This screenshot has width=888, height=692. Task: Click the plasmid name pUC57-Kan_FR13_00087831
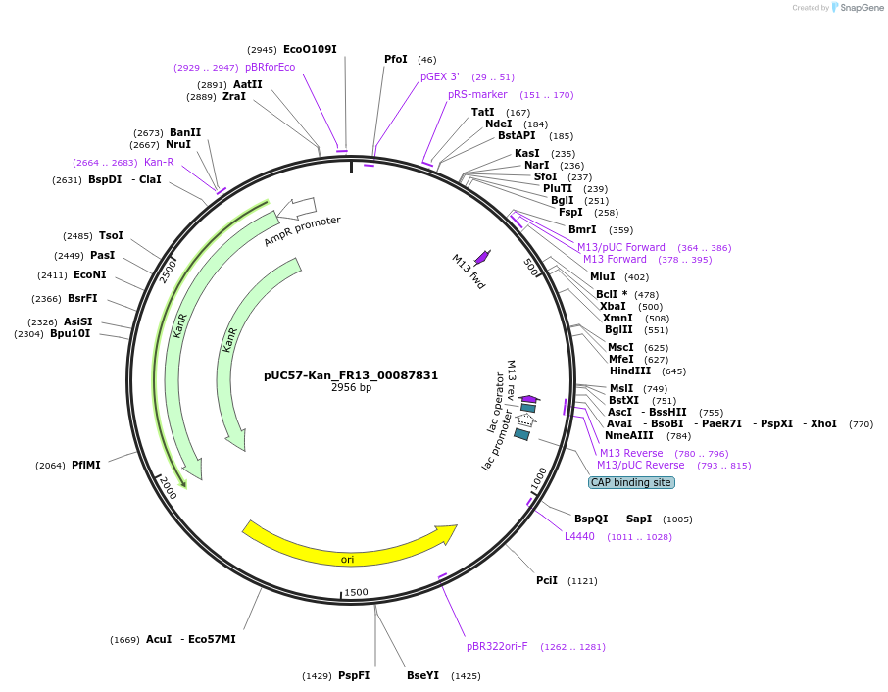(x=351, y=375)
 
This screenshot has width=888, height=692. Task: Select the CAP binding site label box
(x=630, y=482)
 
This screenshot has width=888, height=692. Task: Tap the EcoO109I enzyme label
(x=310, y=49)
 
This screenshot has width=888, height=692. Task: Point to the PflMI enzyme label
(x=86, y=465)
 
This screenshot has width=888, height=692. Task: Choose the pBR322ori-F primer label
(x=497, y=646)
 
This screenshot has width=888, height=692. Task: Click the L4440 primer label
(x=579, y=536)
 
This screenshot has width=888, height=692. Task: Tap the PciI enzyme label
(x=547, y=580)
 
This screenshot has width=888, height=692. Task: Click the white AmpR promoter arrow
(x=297, y=208)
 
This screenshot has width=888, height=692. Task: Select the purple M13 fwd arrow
(x=481, y=257)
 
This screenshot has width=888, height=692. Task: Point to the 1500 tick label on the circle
(x=356, y=592)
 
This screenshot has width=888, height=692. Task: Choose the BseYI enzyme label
(x=423, y=675)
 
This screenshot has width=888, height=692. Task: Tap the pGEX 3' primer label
(x=440, y=76)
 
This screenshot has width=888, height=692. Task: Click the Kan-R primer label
(x=159, y=162)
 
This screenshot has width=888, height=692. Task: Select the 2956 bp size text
(x=351, y=388)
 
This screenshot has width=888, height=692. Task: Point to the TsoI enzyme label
(x=111, y=235)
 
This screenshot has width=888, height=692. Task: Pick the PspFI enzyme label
(x=354, y=675)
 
